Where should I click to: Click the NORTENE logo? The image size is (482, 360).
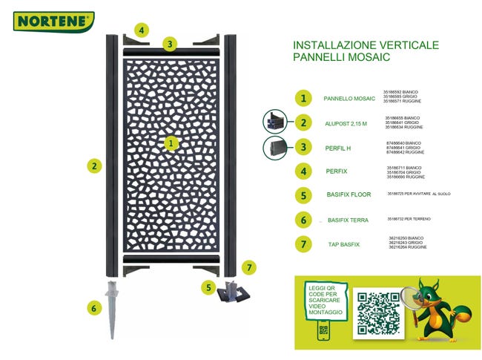pyautogui.click(x=53, y=21)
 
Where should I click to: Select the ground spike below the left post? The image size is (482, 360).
pyautogui.click(x=113, y=309)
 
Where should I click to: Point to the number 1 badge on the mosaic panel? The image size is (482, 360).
pyautogui.click(x=171, y=142)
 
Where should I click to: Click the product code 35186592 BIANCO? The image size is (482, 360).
pyautogui.click(x=405, y=91)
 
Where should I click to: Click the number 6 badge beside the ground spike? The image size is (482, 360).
pyautogui.click(x=93, y=307)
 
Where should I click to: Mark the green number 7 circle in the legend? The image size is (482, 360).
pyautogui.click(x=303, y=243)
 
